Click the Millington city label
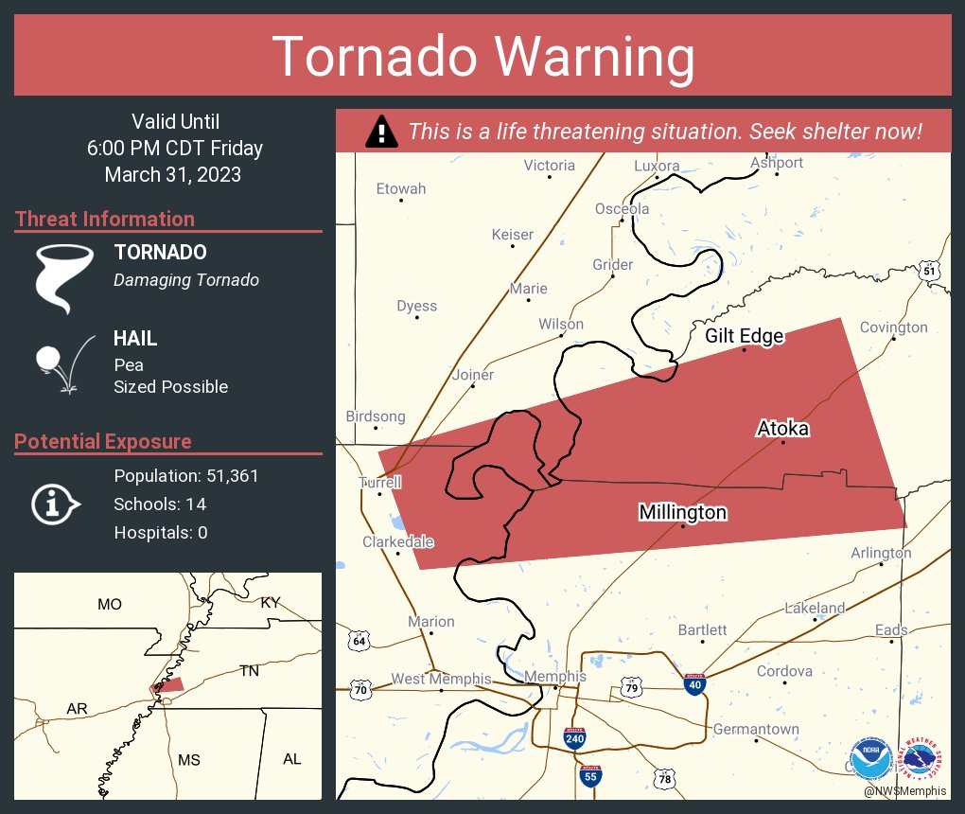click(x=682, y=512)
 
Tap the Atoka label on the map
click(x=782, y=429)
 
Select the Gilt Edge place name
click(x=745, y=336)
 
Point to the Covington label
click(x=893, y=327)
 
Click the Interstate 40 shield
click(x=695, y=684)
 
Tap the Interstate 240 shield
click(x=574, y=738)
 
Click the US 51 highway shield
click(x=930, y=271)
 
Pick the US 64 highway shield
click(x=359, y=640)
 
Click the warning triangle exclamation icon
click(x=381, y=132)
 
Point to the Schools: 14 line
click(x=160, y=504)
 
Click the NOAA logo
click(x=869, y=758)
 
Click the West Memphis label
click(x=441, y=679)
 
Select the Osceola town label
click(x=622, y=208)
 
